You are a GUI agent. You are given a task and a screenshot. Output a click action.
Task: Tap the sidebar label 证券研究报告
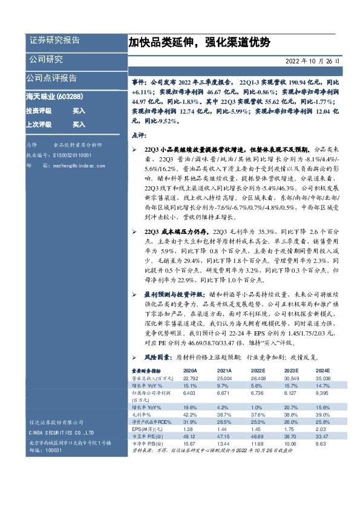point(54,41)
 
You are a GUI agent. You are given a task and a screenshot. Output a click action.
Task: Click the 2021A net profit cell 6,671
point(223,392)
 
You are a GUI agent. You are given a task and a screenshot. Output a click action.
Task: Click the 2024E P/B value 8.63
point(326,443)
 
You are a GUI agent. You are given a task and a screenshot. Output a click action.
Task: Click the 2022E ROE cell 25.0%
point(258,421)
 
